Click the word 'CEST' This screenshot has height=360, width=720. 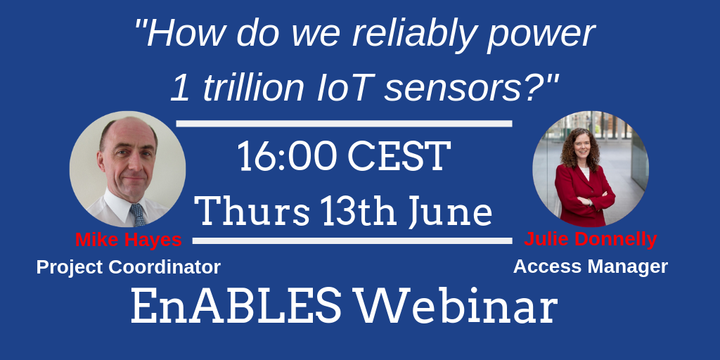(x=399, y=157)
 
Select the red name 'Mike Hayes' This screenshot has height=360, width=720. (x=129, y=239)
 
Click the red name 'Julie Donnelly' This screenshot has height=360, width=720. (x=591, y=239)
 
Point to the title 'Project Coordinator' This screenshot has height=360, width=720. (x=129, y=266)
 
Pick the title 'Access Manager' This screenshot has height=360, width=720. (x=591, y=266)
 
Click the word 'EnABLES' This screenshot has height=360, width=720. (x=236, y=307)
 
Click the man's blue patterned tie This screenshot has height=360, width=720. (x=137, y=215)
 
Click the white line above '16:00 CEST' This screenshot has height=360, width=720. (x=344, y=124)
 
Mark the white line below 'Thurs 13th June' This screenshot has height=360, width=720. (x=352, y=240)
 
